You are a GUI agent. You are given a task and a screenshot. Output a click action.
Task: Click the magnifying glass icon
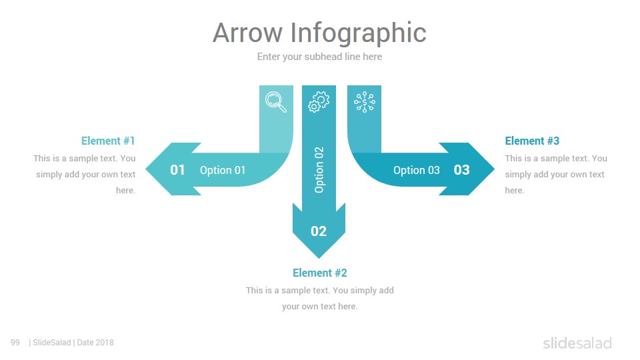click(x=276, y=102)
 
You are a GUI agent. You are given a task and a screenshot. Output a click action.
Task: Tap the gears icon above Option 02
click(x=319, y=101)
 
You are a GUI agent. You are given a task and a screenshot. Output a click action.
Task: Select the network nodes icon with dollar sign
click(x=365, y=102)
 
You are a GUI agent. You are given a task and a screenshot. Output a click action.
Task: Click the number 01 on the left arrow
click(x=177, y=170)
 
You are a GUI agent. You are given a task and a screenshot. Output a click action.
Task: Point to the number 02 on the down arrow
click(x=319, y=231)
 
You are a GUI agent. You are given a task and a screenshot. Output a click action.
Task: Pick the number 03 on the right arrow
click(x=461, y=170)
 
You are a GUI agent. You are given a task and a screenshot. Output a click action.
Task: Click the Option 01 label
click(x=223, y=170)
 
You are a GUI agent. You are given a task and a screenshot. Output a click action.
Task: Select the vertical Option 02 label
click(x=319, y=170)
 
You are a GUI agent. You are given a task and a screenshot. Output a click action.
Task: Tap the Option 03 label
click(x=416, y=170)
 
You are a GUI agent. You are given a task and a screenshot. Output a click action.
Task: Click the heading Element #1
click(x=108, y=141)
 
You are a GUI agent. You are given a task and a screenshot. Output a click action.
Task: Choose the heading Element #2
click(x=319, y=273)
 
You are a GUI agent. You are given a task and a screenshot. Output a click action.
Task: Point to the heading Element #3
click(x=532, y=141)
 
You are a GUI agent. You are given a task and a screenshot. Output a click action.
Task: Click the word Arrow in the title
click(x=247, y=33)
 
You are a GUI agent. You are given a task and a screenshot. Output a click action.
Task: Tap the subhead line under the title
click(x=319, y=57)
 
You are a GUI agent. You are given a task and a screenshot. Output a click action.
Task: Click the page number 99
click(x=15, y=343)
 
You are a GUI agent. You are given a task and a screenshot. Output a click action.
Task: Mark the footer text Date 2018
click(x=95, y=343)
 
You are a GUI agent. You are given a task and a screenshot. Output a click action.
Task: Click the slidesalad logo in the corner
click(x=577, y=343)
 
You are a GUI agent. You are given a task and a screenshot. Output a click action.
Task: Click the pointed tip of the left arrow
click(x=146, y=169)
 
